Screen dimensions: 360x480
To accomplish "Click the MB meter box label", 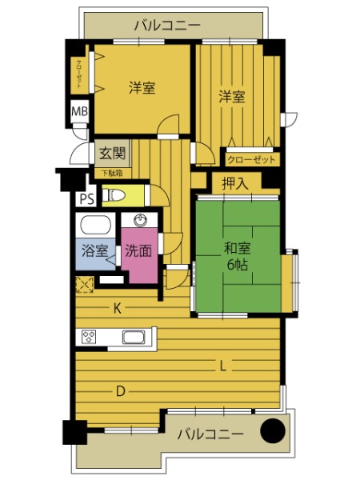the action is tap(79, 111).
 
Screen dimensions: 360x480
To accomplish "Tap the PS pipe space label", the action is tap(87, 199).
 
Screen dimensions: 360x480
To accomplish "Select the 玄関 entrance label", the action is tap(113, 153).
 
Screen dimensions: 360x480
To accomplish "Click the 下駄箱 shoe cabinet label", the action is tap(112, 174).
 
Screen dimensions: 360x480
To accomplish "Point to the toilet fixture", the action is tap(114, 194).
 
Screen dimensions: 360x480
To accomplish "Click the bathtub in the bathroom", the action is tap(95, 225).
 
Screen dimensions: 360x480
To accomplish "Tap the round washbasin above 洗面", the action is tap(141, 221).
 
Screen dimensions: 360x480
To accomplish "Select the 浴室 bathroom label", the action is tap(95, 250).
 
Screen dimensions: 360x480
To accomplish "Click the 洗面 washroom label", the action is tap(138, 250).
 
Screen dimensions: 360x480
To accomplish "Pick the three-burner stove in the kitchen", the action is tap(89, 337).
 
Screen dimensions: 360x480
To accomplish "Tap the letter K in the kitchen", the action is tap(118, 309).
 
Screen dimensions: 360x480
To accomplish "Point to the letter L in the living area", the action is tap(223, 366).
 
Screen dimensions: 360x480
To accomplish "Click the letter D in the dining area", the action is tap(121, 391).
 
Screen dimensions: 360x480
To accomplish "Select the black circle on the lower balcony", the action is tap(273, 430).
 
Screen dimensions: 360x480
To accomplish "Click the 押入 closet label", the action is tap(234, 183).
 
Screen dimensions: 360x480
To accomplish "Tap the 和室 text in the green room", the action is tap(238, 248).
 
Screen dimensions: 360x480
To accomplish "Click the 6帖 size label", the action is tap(238, 265).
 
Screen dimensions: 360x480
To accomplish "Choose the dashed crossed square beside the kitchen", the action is tap(85, 285).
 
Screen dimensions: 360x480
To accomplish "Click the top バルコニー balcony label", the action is tap(167, 25).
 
